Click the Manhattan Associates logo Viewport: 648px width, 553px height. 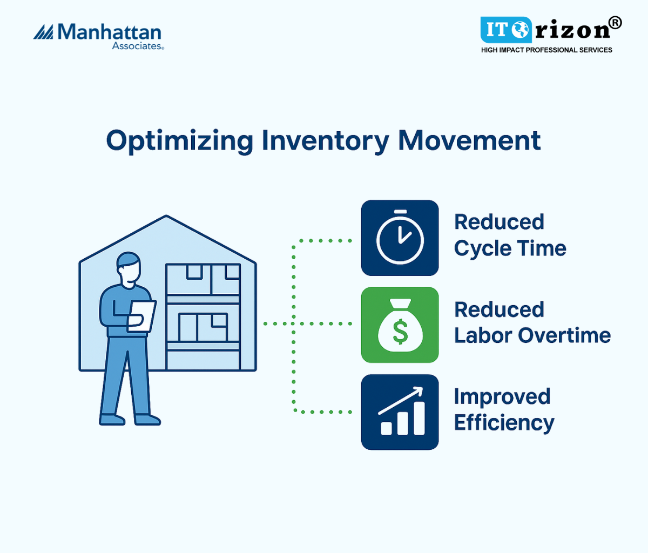point(98,37)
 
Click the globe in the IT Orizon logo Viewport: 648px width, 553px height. point(520,30)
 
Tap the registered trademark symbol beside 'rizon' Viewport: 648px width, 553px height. point(616,23)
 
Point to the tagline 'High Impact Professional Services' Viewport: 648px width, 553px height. point(546,50)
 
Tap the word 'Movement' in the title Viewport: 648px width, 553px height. point(469,141)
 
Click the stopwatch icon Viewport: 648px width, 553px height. point(400,238)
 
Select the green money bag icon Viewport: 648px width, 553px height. point(400,325)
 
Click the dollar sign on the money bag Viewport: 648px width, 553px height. point(400,332)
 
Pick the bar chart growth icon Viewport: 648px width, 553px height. point(400,412)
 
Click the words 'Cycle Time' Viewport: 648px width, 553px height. point(510,248)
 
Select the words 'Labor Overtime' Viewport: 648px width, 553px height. point(532,335)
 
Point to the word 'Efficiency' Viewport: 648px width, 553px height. point(504,423)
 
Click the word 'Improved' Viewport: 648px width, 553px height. point(502,397)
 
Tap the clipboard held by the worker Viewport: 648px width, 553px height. point(141,316)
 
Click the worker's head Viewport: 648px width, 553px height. point(129,270)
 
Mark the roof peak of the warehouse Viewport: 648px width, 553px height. point(166,216)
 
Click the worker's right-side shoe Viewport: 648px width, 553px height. point(147,420)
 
